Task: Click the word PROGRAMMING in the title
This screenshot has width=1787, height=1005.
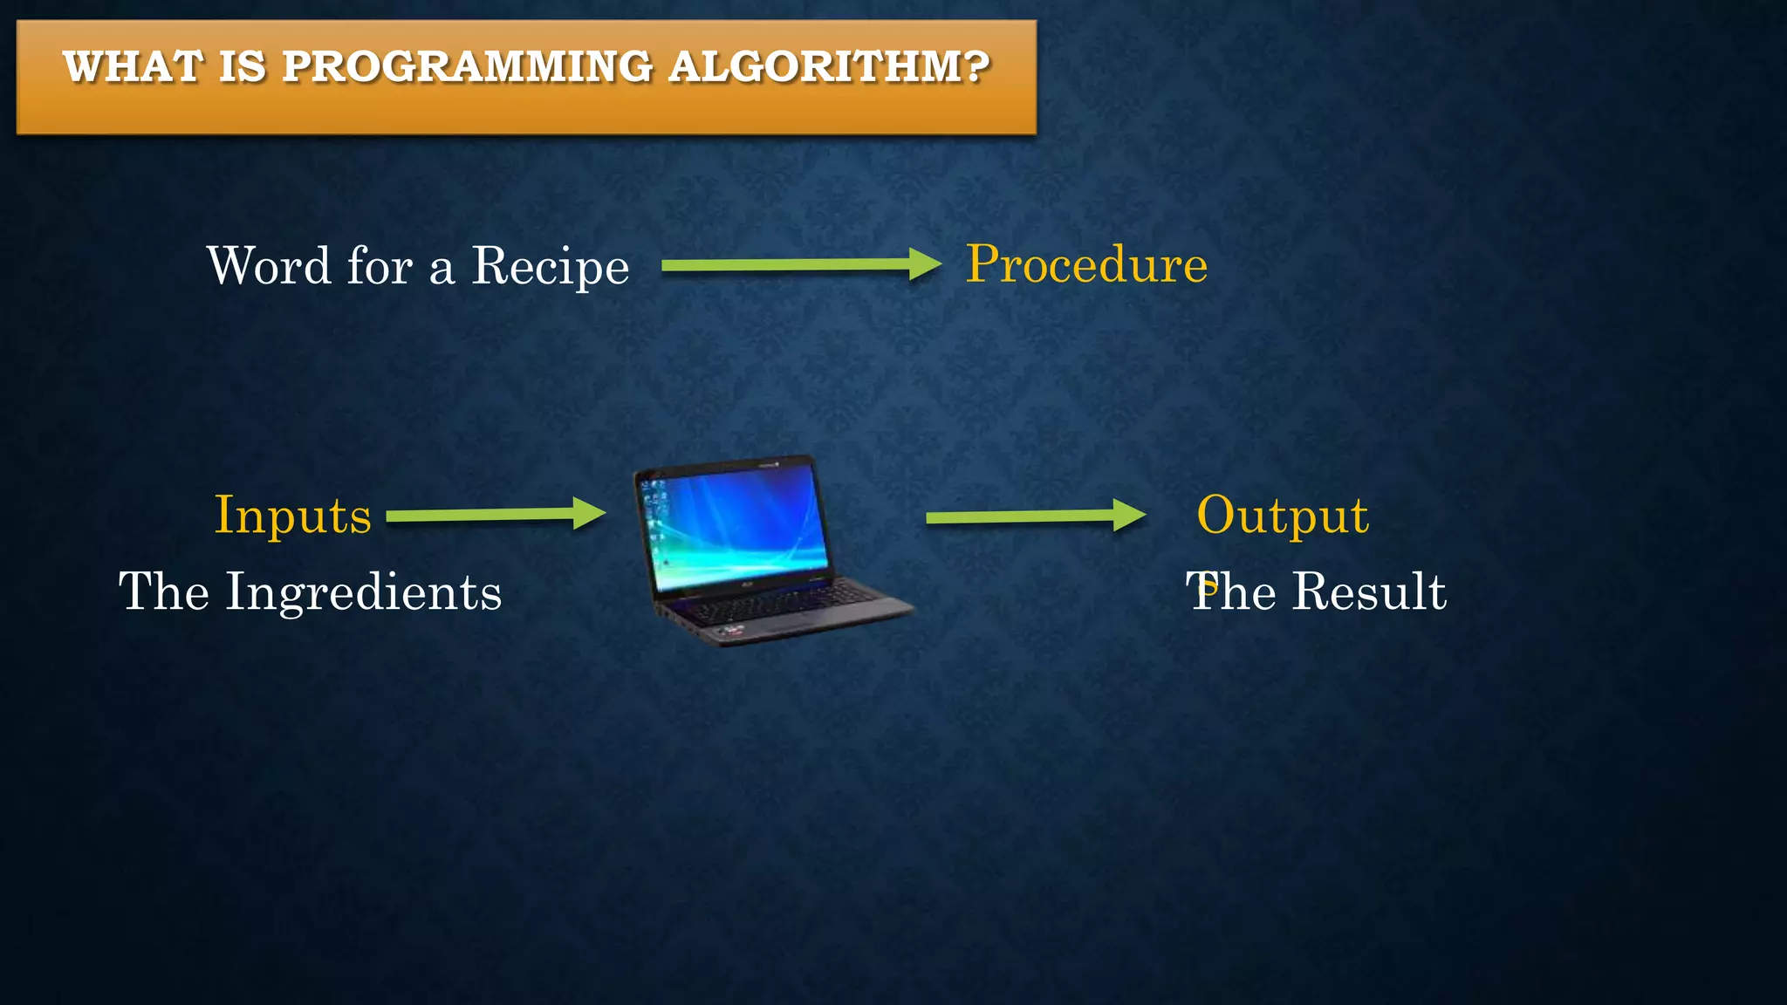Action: pyautogui.click(x=467, y=67)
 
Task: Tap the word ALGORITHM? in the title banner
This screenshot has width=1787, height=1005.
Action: pyautogui.click(x=829, y=67)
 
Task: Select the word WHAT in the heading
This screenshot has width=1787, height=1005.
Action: pyautogui.click(x=133, y=67)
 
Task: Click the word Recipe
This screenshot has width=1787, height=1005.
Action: pyautogui.click(x=550, y=266)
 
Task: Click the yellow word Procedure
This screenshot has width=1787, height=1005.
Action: pyautogui.click(x=1086, y=264)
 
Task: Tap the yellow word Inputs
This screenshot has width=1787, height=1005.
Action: pyautogui.click(x=293, y=515)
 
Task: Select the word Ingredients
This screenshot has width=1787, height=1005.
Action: pyautogui.click(x=363, y=592)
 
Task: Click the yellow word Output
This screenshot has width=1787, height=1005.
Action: pyautogui.click(x=1282, y=515)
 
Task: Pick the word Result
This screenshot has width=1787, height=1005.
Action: pyautogui.click(x=1368, y=592)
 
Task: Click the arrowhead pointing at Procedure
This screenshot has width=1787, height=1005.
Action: pyautogui.click(x=924, y=264)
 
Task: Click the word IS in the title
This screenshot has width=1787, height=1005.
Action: pyautogui.click(x=243, y=67)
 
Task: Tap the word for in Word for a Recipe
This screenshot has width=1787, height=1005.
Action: pyautogui.click(x=380, y=266)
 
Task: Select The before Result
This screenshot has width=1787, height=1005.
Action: pyautogui.click(x=1230, y=592)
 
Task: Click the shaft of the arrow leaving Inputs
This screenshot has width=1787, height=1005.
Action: pyautogui.click(x=480, y=516)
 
